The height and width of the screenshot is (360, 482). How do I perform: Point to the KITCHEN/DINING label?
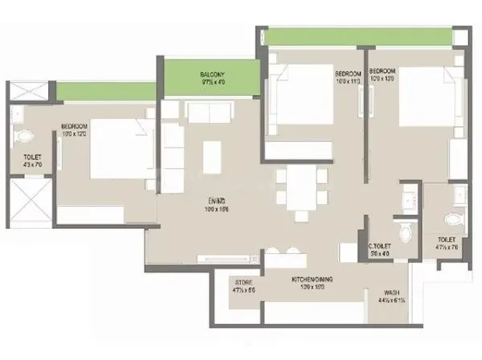pyautogui.click(x=312, y=279)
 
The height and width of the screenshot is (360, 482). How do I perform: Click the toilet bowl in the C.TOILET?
pyautogui.click(x=406, y=231)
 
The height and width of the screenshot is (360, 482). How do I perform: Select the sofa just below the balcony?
pyautogui.click(x=206, y=112)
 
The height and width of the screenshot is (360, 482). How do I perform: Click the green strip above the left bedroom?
pyautogui.click(x=104, y=92)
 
